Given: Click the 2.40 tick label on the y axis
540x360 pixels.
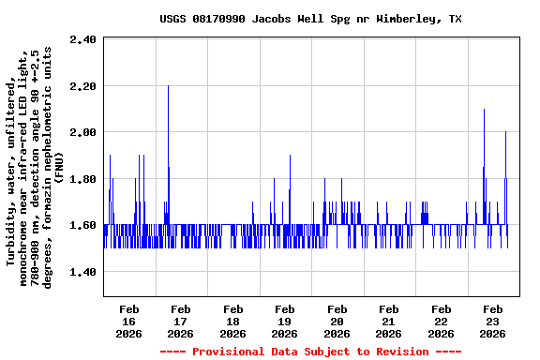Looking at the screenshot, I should click(x=83, y=39).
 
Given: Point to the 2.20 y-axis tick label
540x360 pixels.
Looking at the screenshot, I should click(x=83, y=86).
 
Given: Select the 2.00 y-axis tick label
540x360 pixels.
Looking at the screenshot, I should click(x=83, y=132).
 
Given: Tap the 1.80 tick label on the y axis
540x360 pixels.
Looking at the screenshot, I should click(x=83, y=179).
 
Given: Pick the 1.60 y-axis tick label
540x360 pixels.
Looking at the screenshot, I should click(x=83, y=225).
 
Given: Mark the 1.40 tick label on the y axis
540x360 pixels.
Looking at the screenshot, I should click(x=83, y=272).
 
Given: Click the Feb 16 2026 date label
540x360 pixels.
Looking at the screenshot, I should click(x=128, y=321).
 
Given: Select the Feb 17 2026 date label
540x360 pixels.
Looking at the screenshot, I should click(x=180, y=321).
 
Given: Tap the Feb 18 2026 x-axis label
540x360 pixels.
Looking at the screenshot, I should click(x=232, y=321).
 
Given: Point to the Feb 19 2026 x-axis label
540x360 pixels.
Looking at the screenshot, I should click(x=284, y=321).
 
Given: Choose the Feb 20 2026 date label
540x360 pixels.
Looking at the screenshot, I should click(x=337, y=321).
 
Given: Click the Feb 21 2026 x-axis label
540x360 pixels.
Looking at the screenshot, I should click(x=388, y=321).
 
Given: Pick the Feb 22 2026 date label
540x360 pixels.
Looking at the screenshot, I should click(x=440, y=321).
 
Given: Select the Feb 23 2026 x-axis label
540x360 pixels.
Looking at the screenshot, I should click(x=492, y=321).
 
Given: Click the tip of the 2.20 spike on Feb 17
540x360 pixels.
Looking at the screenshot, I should click(x=168, y=86).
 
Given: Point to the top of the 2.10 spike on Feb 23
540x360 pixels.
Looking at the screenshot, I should click(x=484, y=110).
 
